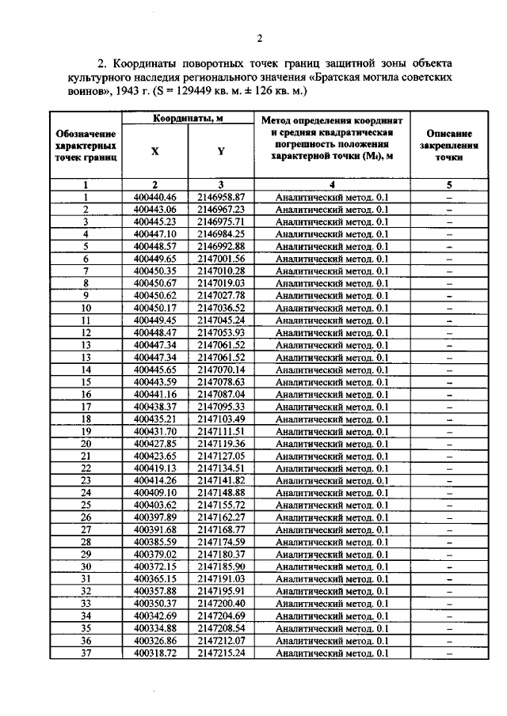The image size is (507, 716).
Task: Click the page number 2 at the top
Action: tap(259, 40)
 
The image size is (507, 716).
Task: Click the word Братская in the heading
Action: tap(352, 80)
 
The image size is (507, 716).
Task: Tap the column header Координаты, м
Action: tap(187, 119)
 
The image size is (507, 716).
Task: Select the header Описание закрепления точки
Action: tap(448, 146)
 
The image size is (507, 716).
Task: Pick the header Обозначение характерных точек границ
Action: tap(86, 146)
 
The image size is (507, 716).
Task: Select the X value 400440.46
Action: tap(155, 197)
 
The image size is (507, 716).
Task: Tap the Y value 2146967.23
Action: tap(221, 209)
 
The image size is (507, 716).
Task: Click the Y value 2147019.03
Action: tap(221, 282)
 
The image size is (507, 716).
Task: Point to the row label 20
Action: tap(86, 444)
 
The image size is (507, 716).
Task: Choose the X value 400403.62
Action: tap(155, 504)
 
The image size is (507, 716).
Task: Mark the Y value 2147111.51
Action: tap(221, 431)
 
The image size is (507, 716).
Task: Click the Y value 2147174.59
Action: tap(221, 542)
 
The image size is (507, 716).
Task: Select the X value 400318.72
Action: tap(155, 653)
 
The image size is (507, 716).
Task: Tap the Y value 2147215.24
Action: tap(221, 653)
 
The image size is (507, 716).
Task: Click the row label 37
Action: tap(86, 653)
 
